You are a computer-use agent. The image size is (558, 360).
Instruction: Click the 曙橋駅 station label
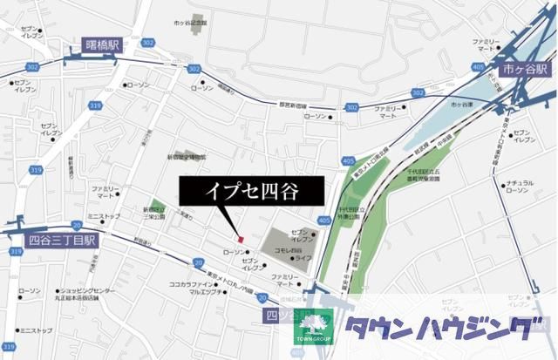click(x=101, y=44)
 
